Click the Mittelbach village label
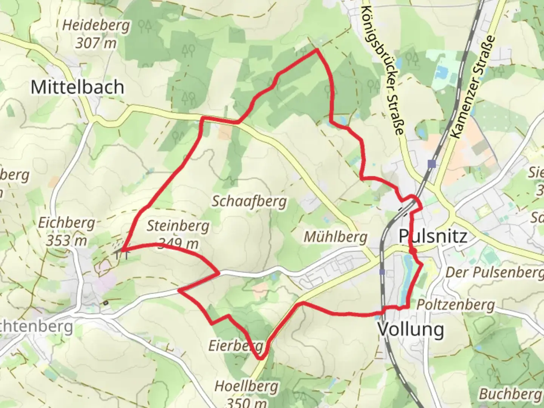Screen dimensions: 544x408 coord(77,87)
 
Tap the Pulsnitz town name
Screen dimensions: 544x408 coord(433,236)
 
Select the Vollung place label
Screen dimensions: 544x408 coord(411,329)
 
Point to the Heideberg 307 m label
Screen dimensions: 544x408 coord(96,34)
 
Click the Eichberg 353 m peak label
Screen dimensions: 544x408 coord(66,231)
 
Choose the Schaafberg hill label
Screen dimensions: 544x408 coord(249,201)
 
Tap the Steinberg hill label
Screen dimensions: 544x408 coord(178,226)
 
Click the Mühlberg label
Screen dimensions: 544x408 coord(335,237)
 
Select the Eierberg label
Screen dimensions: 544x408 coord(235,345)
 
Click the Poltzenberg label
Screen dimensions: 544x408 coord(456,304)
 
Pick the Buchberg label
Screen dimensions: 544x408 coord(510,394)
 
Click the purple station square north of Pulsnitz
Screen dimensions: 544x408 coord(432,164)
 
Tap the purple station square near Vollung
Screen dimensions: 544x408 coord(382,272)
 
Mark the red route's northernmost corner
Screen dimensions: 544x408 coord(317,49)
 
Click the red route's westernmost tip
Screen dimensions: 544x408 coord(122,250)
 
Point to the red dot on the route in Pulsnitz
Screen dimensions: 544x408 coord(414,251)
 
